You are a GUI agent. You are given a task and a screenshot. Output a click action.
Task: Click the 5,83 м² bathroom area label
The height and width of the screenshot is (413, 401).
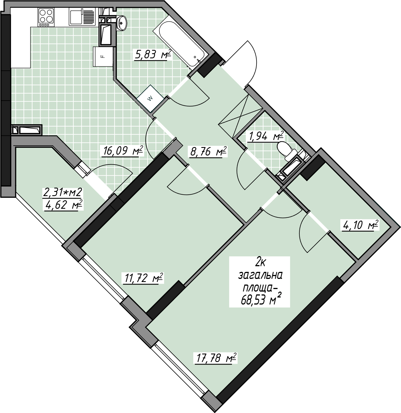coord(153,55)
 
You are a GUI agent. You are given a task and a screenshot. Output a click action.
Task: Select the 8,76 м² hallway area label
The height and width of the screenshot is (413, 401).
coord(208,152)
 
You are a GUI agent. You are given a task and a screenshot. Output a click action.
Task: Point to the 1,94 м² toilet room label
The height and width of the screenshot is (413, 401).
coord(265,136)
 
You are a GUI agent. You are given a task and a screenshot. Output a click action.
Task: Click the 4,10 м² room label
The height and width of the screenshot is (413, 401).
coord(360,225)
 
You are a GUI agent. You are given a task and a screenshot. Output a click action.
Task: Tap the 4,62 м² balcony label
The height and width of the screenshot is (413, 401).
coord(63,205)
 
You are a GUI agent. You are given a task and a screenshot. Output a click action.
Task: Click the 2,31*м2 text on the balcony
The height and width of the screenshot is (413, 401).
coord(63,193)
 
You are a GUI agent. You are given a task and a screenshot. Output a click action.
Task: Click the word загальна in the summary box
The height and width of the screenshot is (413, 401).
coord(260,276)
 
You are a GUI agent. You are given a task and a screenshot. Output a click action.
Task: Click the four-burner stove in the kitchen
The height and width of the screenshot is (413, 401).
coord(46,17)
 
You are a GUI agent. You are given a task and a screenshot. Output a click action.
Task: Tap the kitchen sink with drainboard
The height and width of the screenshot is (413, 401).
coord(82,17)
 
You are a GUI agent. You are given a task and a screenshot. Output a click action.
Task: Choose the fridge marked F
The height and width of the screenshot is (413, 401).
coord(103,57)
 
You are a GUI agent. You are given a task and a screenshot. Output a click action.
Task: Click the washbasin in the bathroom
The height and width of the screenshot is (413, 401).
coord(122,23)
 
